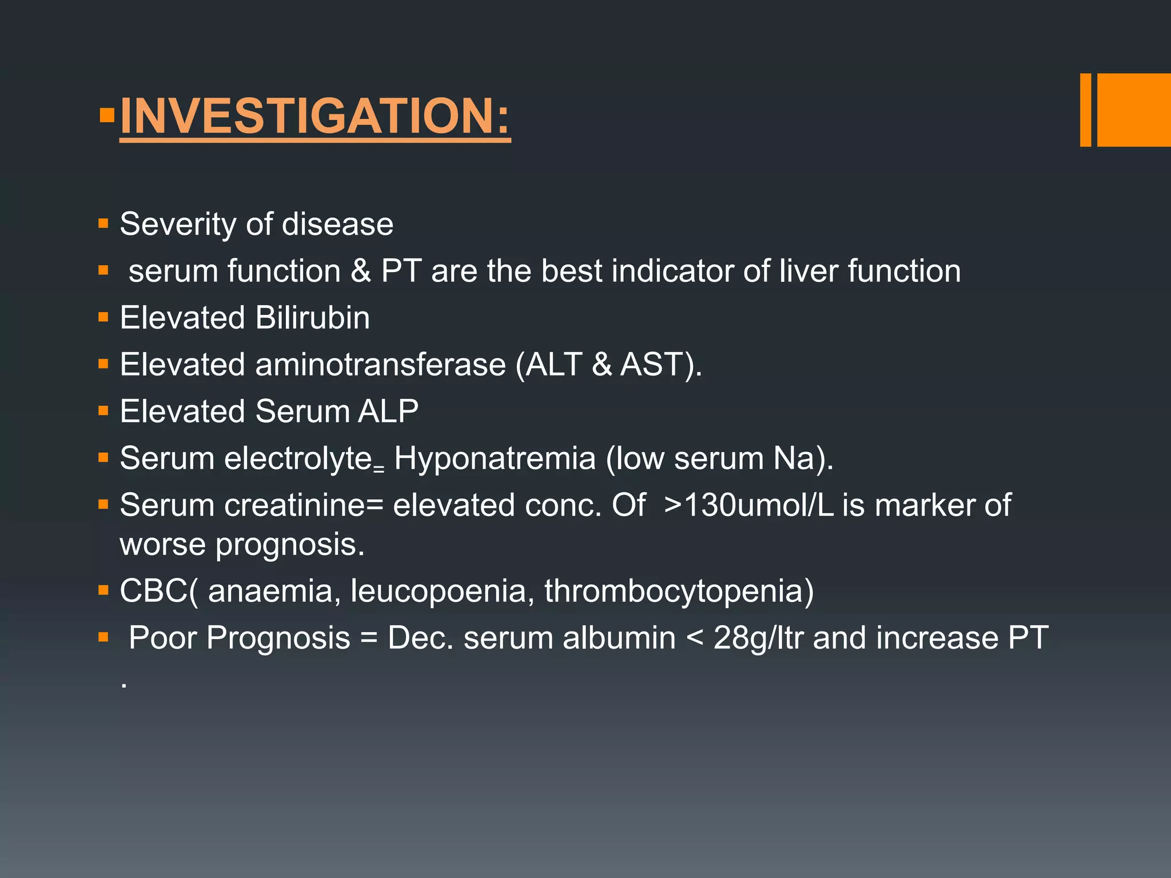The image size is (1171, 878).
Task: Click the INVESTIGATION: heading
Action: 314,116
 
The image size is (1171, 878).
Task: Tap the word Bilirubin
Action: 312,318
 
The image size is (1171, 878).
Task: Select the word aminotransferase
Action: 380,365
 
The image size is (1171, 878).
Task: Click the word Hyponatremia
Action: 495,458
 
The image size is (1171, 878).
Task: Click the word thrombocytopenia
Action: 678,591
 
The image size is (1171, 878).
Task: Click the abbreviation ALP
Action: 388,412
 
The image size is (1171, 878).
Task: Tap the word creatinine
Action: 302,505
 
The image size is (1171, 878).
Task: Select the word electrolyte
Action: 298,458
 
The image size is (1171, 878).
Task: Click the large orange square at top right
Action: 1134,110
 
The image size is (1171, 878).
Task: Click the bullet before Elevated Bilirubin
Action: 103,317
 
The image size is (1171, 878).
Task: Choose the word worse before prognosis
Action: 162,544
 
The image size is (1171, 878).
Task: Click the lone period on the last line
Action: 124,685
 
